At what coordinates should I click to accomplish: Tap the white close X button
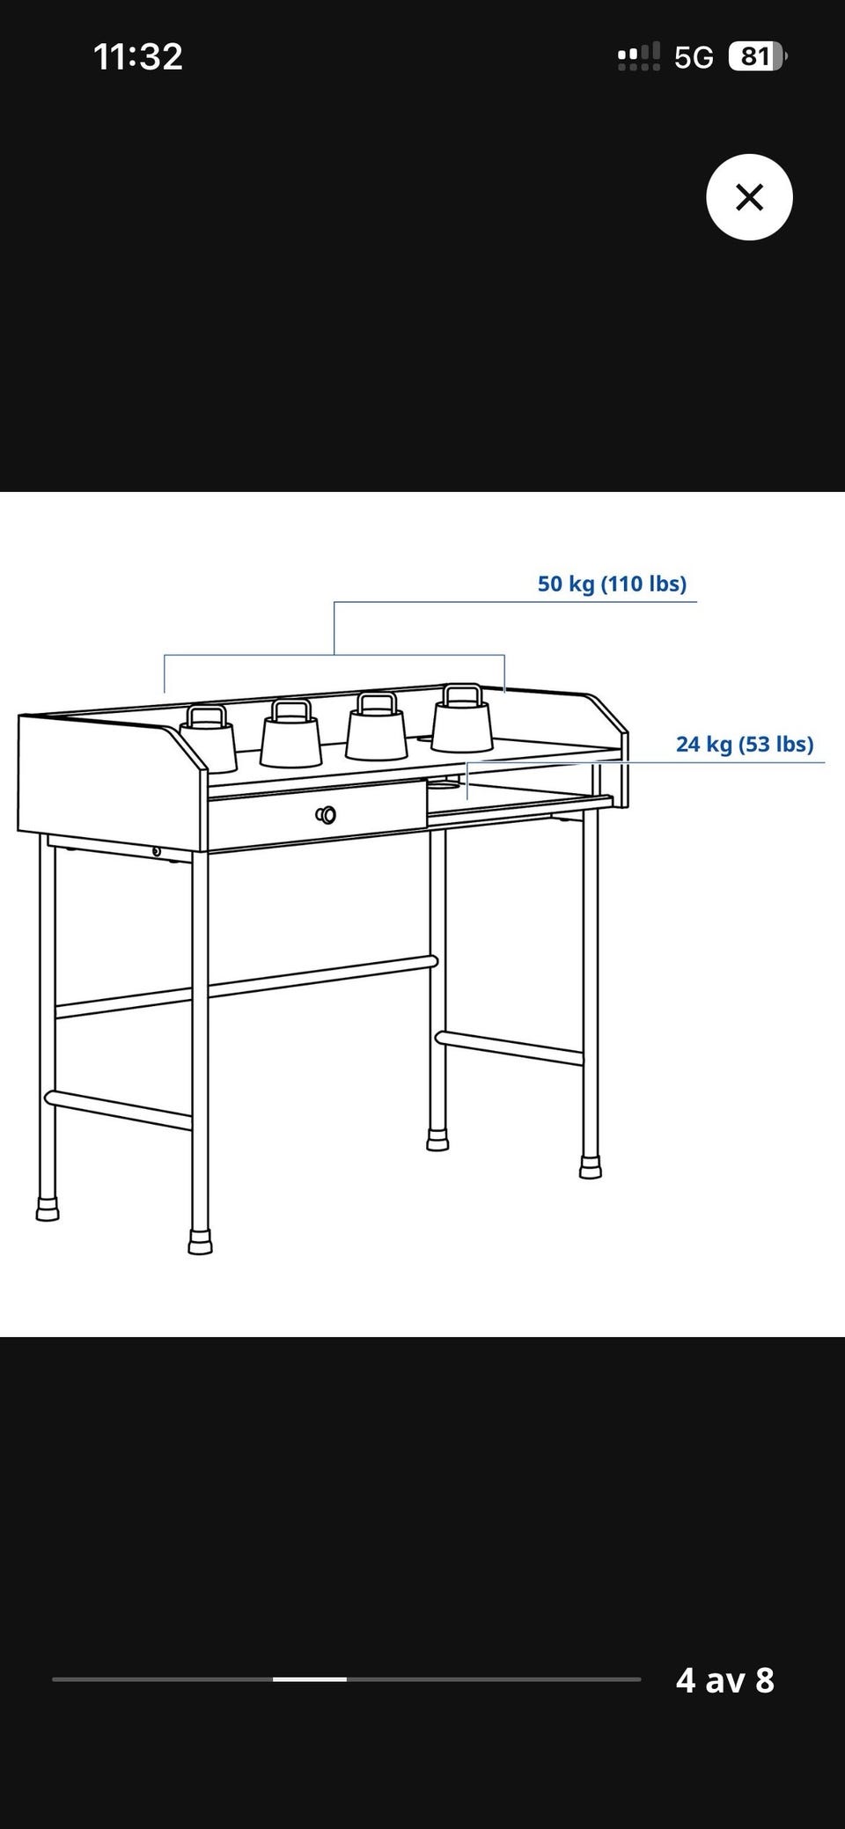click(x=749, y=197)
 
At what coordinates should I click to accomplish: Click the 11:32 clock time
click(x=138, y=57)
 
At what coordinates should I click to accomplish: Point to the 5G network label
click(x=694, y=57)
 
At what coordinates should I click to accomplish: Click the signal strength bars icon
click(x=639, y=57)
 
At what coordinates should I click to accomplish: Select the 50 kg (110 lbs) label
click(x=612, y=584)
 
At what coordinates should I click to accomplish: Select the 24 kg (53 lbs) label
click(x=745, y=744)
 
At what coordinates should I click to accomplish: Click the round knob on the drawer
click(x=326, y=814)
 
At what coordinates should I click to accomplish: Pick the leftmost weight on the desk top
click(x=209, y=738)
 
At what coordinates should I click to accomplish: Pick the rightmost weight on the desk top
click(x=461, y=719)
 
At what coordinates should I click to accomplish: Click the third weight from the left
click(x=376, y=726)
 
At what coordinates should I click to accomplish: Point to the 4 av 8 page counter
click(x=725, y=1680)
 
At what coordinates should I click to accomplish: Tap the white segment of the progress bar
click(x=309, y=1679)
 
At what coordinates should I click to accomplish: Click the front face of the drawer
click(x=317, y=815)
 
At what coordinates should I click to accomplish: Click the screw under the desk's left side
click(x=156, y=851)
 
